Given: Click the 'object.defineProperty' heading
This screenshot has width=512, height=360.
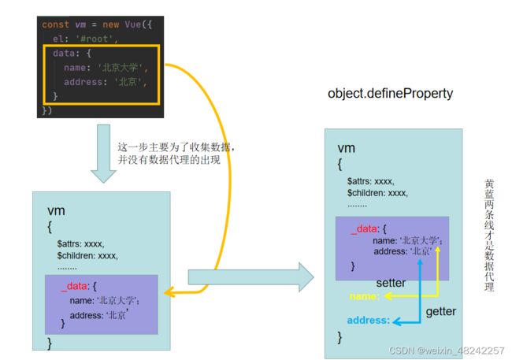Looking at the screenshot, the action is tap(390, 94).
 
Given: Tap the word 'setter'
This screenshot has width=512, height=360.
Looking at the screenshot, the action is tap(391, 283).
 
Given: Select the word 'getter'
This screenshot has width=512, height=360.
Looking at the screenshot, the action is tap(441, 311).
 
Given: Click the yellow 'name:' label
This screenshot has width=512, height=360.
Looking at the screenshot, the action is tap(365, 296).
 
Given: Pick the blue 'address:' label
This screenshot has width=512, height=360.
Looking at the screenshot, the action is tap(369, 320).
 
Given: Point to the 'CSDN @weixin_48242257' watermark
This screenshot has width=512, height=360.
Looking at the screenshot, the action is tap(447, 351).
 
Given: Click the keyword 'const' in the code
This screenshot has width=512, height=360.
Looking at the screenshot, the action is tap(55, 24).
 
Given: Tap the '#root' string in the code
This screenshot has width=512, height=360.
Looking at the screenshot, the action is tap(94, 39).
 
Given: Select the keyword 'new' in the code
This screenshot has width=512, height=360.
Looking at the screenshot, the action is tap(111, 24).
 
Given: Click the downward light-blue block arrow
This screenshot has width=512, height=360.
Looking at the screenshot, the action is tap(103, 153).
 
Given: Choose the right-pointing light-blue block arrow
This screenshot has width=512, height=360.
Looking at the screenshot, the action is tap(250, 277).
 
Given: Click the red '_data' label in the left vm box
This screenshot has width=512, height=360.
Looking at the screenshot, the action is tap(75, 286).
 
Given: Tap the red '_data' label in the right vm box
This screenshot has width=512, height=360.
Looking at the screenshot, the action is tap(365, 229).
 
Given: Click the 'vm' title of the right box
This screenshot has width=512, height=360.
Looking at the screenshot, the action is tap(346, 148).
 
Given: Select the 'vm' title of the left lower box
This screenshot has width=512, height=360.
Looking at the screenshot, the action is tap(56, 210).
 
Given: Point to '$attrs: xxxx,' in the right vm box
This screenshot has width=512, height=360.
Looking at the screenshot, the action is tap(371, 181).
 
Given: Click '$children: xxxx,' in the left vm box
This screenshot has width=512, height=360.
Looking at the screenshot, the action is tap(87, 255).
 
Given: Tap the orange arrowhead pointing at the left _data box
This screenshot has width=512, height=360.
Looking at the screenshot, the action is tap(169, 292).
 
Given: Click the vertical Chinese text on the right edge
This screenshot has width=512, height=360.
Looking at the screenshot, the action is tap(489, 235).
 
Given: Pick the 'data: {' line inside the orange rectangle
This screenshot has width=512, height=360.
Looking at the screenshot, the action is tap(72, 54).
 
